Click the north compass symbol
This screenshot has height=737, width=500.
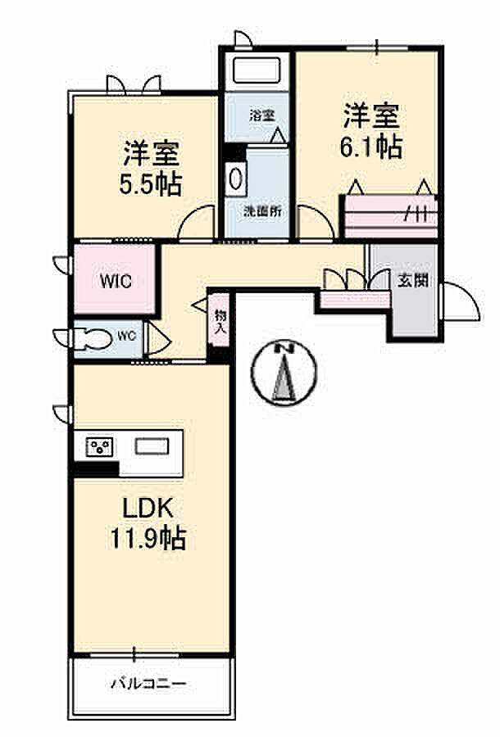pos(284,371)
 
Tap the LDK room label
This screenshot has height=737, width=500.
pos(148,508)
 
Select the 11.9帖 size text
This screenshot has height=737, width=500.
pos(148,538)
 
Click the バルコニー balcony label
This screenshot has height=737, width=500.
pos(148,683)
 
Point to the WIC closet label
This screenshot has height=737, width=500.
pos(116,281)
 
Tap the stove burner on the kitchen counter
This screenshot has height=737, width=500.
pos(100,446)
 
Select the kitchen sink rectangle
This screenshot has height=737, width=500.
pos(152,446)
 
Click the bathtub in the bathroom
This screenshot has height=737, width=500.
pos(254,70)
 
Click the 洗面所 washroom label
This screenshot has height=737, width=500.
pos(262,211)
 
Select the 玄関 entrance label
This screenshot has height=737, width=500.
pos(413,281)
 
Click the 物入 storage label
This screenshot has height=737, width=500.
pos(220,321)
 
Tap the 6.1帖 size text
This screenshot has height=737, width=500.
pos(370,147)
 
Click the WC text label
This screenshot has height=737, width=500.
pos(126,336)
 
